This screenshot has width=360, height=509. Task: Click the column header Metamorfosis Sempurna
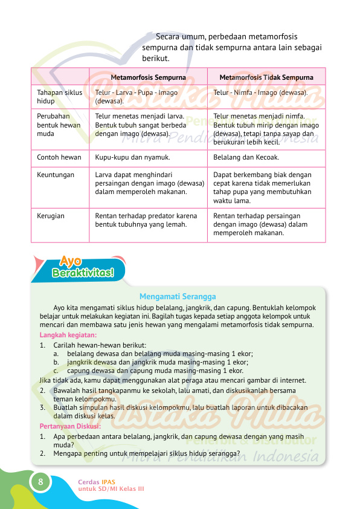(x=148, y=77)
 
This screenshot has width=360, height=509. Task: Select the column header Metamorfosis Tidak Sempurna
(x=266, y=77)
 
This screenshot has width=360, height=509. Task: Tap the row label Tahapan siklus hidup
(x=59, y=97)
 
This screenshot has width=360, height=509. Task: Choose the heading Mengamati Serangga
(x=178, y=296)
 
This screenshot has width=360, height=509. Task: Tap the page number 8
(x=40, y=482)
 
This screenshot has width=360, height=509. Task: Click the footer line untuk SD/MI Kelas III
(x=111, y=488)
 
